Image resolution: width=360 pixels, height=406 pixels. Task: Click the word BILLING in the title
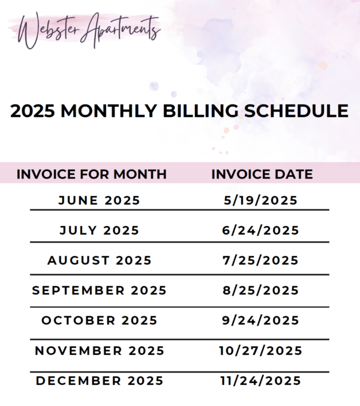[x=200, y=111]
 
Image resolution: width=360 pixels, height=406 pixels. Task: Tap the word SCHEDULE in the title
[x=296, y=111]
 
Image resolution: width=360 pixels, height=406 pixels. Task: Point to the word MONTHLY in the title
[x=109, y=111]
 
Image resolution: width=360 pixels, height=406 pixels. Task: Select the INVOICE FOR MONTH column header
[x=91, y=174]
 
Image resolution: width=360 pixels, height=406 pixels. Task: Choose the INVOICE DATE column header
[x=262, y=174]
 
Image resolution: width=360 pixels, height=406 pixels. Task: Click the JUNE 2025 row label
[x=99, y=200]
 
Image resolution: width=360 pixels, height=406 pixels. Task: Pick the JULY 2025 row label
[x=100, y=230]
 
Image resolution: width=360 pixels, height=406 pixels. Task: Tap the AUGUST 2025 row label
[x=100, y=260]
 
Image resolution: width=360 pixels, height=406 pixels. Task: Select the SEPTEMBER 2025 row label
[x=99, y=290]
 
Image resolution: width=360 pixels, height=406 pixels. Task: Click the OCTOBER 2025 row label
[x=100, y=321]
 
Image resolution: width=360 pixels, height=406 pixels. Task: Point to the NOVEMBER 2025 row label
[x=100, y=351]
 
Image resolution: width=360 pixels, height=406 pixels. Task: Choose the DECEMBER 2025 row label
[x=100, y=381]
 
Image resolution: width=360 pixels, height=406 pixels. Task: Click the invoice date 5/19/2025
[x=260, y=200]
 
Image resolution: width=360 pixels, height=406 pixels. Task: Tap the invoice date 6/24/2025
[x=260, y=230]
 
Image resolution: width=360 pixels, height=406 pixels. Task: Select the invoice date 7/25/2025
[x=260, y=260]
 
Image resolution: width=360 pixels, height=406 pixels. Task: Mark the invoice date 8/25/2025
[x=260, y=290]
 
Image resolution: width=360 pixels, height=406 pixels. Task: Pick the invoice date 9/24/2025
[x=260, y=321]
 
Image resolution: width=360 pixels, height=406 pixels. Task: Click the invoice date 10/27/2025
[x=260, y=351]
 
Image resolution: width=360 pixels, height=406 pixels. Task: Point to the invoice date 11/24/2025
[x=260, y=381]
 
